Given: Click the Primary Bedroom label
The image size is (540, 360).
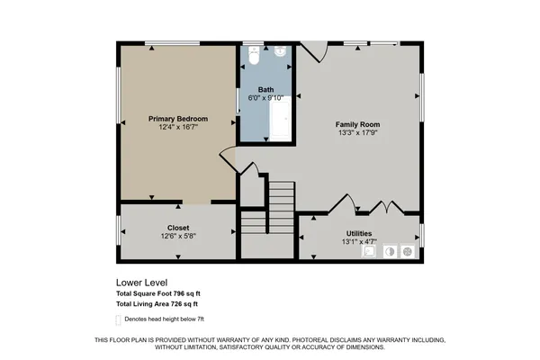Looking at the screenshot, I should pos(178,119).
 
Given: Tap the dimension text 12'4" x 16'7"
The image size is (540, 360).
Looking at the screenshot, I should pos(178,128).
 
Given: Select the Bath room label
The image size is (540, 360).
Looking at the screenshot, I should pos(266,89).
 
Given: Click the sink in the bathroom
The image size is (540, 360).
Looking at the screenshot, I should pos(280,53).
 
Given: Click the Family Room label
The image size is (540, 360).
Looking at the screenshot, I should pos(358,124).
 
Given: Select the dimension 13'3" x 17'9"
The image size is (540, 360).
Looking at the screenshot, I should pos(358,133).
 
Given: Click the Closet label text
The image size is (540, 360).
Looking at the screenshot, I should pos(177,228).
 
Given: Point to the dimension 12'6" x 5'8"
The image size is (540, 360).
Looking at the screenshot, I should pos(177,237).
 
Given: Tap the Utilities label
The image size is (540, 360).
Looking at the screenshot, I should pos(359,233).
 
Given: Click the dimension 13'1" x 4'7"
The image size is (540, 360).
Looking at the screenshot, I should pos(359,241).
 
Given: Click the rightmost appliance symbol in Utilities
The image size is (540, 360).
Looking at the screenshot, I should pos(407,252).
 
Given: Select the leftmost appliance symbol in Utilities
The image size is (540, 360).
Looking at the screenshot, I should pos(369,252).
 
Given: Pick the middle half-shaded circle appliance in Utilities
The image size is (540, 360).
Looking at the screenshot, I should pos(389,252).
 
